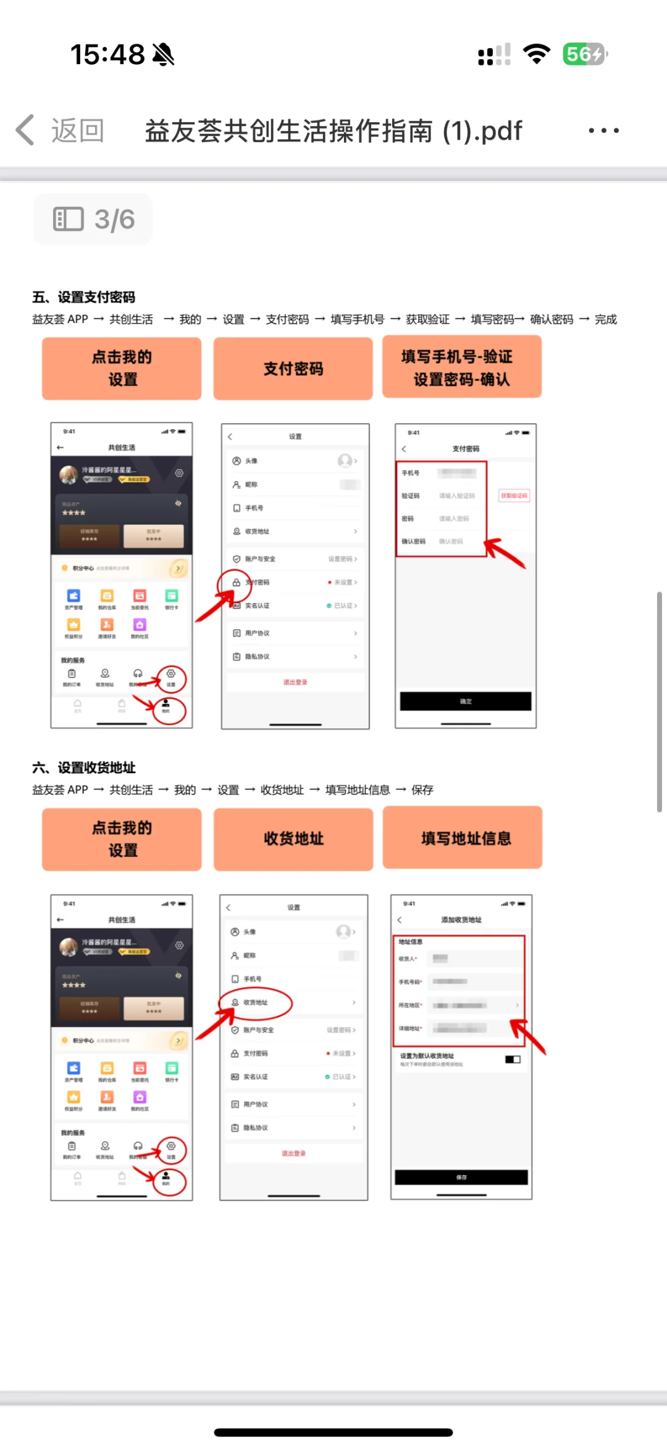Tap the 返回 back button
61,130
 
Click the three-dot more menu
603,130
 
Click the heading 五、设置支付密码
84,297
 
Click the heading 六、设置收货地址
84,768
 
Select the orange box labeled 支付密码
293,369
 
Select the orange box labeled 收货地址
293,839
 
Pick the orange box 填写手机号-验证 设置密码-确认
462,367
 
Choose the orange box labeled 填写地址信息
463,838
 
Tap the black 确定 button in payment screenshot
466,702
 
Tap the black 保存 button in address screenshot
461,1177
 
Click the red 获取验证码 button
514,495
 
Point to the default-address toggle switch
513,1059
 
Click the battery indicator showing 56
584,54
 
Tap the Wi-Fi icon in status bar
536,54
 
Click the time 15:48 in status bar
107,54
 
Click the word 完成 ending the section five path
606,319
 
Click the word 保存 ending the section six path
422,790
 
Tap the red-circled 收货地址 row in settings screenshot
256,1002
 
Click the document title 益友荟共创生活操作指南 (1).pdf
333,131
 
